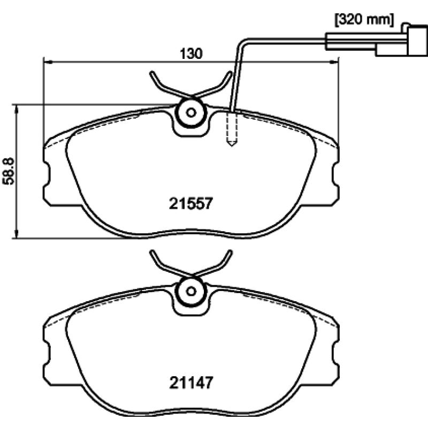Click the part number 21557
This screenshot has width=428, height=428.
click(190, 203)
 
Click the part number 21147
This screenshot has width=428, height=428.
click(191, 383)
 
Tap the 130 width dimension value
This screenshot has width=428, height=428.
click(191, 53)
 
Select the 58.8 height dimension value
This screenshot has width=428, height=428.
click(9, 171)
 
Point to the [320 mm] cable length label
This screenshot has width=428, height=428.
click(364, 20)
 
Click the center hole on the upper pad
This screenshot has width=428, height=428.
click(191, 112)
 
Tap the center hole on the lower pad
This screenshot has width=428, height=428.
click(191, 291)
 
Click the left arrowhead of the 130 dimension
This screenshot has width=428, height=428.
click(48, 63)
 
